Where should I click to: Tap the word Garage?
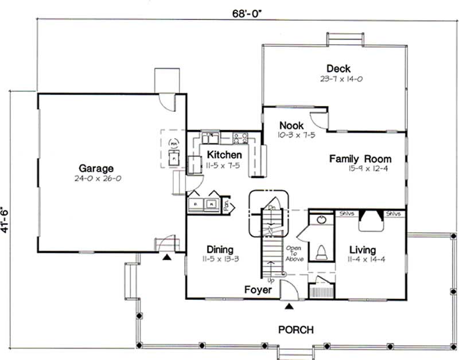pos(96,169)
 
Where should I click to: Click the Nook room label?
pos(291,126)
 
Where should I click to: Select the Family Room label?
pos(360,159)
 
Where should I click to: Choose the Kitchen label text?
pos(224,155)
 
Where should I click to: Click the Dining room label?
pos(220,249)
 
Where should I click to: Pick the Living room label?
pos(362,250)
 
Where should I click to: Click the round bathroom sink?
pos(321,220)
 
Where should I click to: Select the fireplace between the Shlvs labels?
pos(370,220)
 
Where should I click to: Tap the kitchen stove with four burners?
pos(240,138)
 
